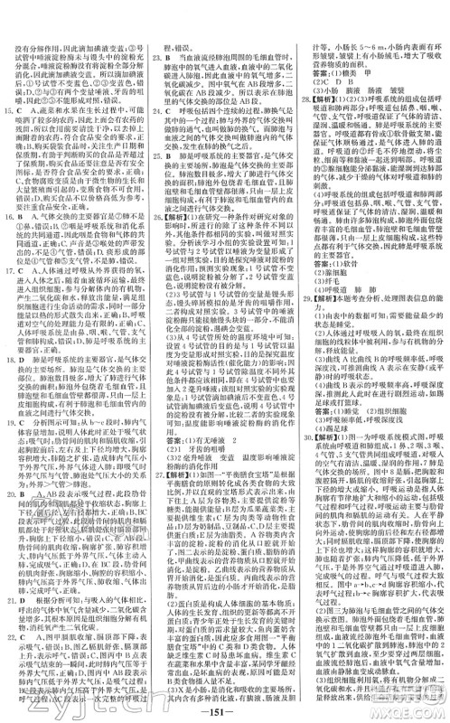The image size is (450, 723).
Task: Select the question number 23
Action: click(155, 56)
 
